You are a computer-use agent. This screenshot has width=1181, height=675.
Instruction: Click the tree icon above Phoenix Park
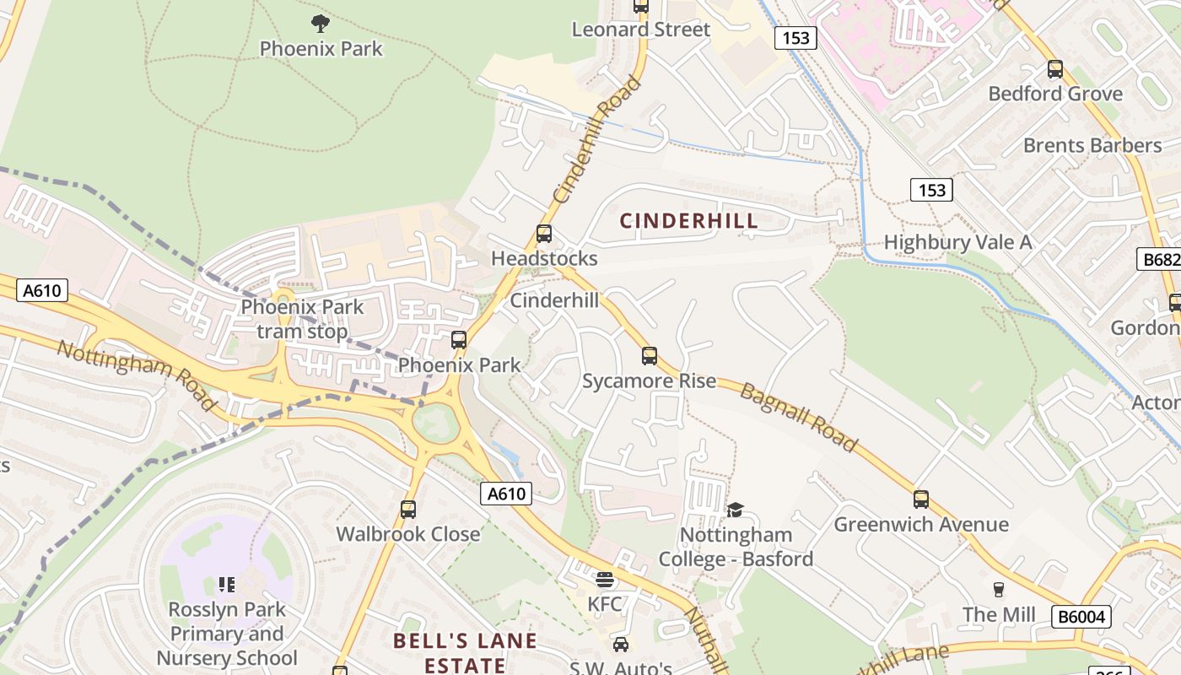coord(320,23)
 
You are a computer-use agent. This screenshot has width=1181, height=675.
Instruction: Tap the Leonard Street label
coord(640,30)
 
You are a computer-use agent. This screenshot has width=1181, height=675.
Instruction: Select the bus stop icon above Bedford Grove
coord(1054,69)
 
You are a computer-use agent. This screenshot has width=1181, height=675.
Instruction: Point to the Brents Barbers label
coord(1092,145)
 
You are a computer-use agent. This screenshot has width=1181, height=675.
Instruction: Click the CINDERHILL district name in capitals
coord(688,221)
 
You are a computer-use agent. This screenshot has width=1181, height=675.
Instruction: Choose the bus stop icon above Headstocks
coord(544,234)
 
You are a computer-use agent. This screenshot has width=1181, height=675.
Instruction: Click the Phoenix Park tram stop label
coord(302,319)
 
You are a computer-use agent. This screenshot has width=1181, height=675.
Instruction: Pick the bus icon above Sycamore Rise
coord(649,356)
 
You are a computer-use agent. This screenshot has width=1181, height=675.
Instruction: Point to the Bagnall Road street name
coord(798,416)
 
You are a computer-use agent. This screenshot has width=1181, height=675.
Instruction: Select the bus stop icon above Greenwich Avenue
coord(920,499)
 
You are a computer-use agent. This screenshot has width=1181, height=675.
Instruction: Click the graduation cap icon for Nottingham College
coord(735,510)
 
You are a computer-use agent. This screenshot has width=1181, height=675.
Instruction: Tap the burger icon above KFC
coord(604,580)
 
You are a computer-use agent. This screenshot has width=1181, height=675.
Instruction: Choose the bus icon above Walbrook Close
coord(408,510)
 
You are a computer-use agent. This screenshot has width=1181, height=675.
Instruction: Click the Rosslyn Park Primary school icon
coord(226,584)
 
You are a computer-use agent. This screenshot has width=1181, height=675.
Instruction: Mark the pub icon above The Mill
coord(999,589)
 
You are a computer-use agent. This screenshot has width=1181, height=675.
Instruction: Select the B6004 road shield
coord(1080,617)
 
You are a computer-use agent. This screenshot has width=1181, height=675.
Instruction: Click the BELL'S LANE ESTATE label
coord(465,653)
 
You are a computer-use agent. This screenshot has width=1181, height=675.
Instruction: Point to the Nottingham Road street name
coord(135,375)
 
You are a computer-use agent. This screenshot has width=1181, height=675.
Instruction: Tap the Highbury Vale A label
coord(957,243)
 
